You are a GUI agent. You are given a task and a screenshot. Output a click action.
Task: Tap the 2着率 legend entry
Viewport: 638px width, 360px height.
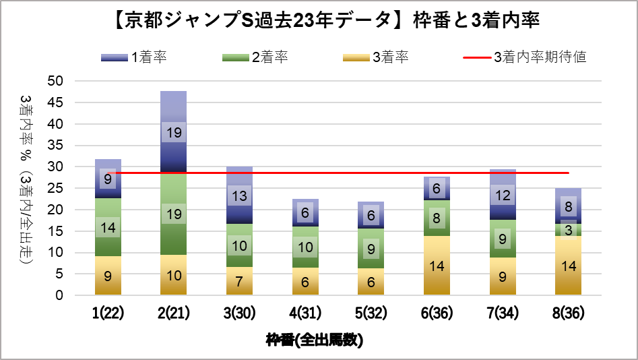pos(255,57)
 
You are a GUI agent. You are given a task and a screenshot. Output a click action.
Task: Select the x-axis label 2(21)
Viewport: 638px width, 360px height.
pos(173,313)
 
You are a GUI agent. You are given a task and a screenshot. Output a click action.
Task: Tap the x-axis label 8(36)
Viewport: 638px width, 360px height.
pos(568,313)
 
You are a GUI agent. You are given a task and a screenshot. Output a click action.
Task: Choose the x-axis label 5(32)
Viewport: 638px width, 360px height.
pos(371,313)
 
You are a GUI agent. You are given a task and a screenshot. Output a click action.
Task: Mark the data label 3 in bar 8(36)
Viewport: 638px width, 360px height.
pos(569,231)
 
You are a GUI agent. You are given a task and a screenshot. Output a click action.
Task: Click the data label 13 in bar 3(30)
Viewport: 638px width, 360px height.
pos(239,196)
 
